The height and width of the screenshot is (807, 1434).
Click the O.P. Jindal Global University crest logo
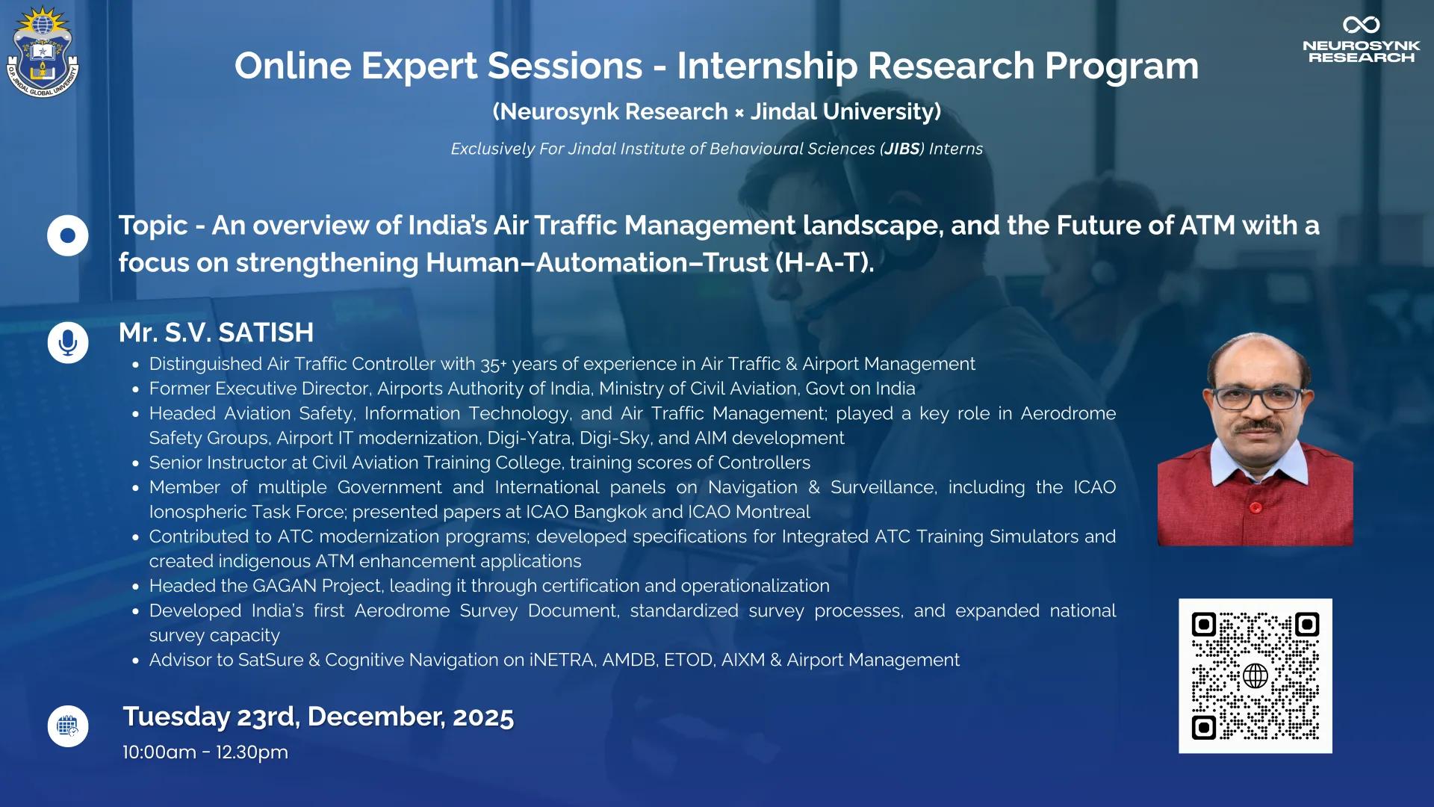coord(43,52)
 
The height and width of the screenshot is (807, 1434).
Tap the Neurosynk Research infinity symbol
coord(1361,25)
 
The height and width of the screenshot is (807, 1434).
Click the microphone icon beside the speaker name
coord(68,343)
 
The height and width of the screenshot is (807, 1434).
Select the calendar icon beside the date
coord(68,726)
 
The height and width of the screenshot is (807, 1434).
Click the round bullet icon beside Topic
coord(68,236)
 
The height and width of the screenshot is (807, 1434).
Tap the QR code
coord(1255,675)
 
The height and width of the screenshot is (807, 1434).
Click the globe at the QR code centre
coord(1255,676)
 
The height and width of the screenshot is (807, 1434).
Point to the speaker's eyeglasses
coord(1258,397)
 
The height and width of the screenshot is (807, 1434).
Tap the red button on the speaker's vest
coord(1255,507)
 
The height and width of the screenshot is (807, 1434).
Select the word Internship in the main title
coord(767,67)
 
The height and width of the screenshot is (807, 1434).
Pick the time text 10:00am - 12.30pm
coord(205,752)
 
